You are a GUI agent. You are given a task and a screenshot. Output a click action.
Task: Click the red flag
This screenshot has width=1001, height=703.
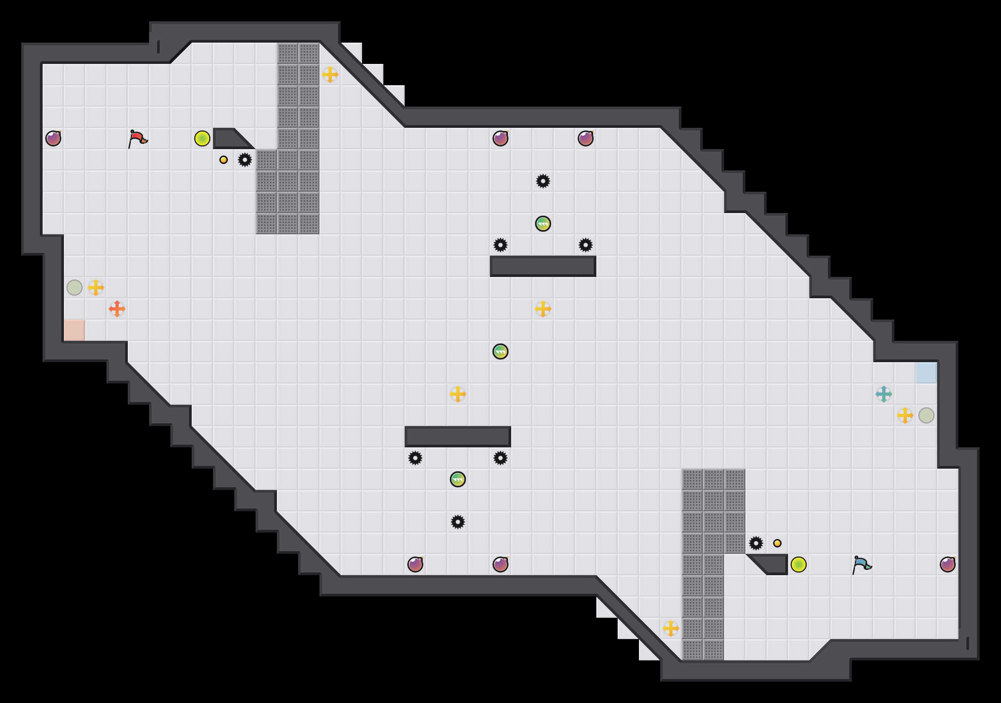137,138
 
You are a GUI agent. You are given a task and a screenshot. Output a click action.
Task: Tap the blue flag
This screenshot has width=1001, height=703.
861,565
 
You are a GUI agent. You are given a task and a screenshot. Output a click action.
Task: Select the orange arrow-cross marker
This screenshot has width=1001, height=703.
117,309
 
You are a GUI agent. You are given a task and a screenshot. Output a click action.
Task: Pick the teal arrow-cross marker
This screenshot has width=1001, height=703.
884,394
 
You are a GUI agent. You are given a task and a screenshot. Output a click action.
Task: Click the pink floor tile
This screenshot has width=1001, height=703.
75,330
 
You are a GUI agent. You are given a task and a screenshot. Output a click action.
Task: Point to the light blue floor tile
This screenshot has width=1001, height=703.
926,373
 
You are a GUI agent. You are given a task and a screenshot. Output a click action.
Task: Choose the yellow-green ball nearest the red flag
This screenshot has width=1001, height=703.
202,138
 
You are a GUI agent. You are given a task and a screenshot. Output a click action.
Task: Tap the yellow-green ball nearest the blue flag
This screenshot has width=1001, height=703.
799,565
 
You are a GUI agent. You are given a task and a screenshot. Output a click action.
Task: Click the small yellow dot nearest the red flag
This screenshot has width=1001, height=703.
224,160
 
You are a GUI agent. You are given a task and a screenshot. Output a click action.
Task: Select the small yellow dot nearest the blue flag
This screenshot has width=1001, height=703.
777,543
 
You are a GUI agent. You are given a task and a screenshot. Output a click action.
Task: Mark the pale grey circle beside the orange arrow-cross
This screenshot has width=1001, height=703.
75,288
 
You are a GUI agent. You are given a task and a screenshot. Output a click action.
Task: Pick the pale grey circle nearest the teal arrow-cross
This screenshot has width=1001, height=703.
926,415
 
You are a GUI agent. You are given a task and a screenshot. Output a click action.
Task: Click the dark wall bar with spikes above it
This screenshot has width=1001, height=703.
543,266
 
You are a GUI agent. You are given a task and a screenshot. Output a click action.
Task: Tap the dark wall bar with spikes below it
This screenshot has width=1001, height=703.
458,437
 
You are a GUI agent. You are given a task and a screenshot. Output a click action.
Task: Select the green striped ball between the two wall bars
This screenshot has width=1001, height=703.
500,351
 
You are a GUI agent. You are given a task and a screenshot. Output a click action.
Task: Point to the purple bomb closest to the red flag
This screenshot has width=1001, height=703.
53,138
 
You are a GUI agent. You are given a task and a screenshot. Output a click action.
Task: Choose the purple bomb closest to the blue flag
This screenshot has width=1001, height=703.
948,565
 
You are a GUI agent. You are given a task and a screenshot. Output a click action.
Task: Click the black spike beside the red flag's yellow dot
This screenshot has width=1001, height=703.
245,160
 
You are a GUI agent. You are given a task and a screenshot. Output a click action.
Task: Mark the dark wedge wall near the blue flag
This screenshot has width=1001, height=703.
772,565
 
